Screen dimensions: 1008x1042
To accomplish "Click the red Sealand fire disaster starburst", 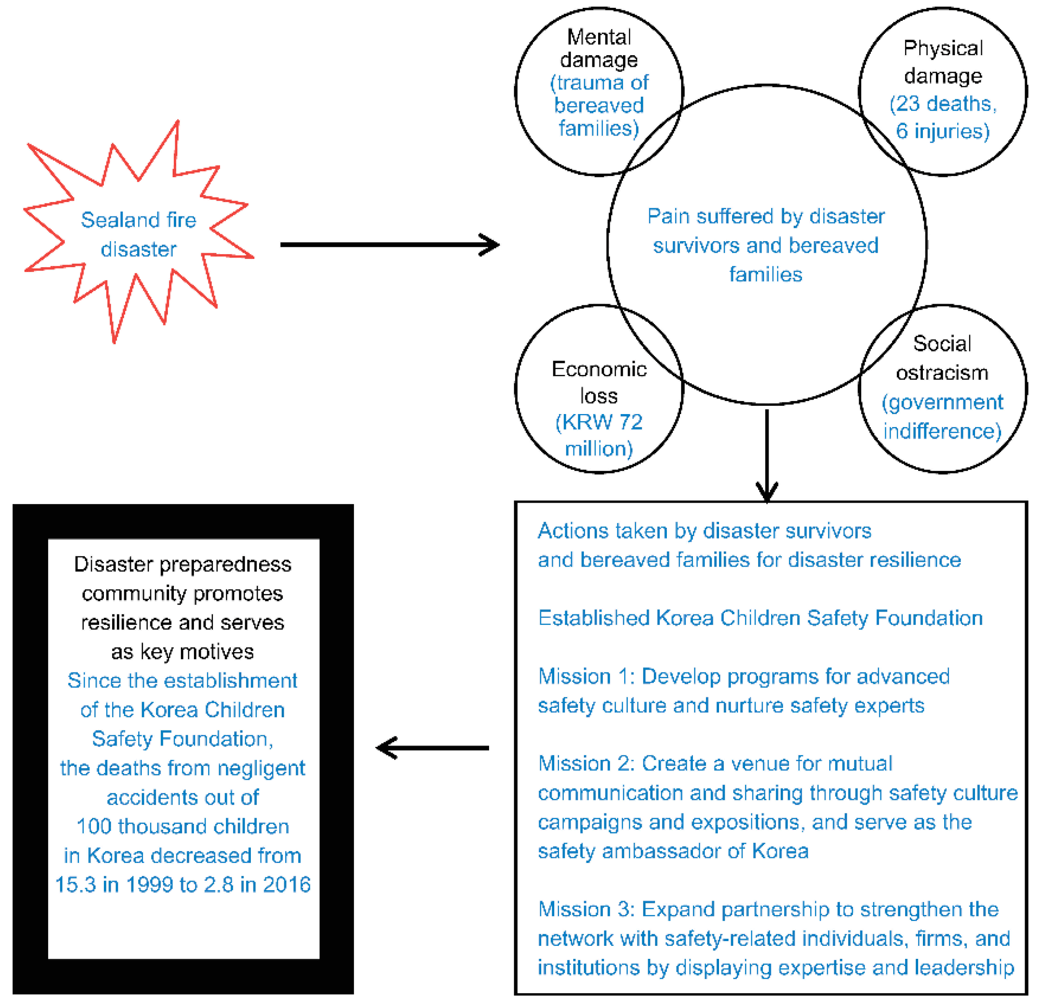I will click(138, 234).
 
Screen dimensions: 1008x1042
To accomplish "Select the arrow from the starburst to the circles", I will click(388, 245).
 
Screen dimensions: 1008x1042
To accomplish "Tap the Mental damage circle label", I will click(599, 48).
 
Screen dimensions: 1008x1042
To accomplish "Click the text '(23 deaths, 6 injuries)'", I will click(942, 117).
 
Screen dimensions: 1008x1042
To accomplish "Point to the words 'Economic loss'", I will click(599, 382).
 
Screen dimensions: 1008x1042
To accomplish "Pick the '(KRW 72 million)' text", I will click(599, 434).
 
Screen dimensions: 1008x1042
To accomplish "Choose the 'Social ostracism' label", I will click(942, 358).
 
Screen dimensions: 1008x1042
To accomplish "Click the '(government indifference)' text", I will click(942, 416).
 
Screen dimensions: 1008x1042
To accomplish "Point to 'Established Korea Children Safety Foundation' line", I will click(760, 618).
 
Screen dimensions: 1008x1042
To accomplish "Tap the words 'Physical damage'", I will click(942, 62).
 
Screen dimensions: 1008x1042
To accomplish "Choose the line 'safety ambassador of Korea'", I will click(673, 851).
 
